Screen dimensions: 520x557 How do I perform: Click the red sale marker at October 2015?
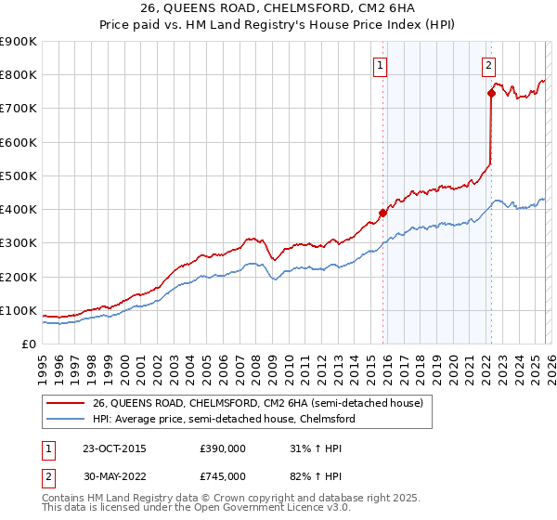382,213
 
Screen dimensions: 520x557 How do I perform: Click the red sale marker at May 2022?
490,93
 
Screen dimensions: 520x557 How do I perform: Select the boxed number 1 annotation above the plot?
382,65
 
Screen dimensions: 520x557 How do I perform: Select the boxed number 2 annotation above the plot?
489,65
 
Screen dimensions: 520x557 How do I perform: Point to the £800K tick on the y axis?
19,75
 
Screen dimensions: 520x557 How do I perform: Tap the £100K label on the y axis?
19,311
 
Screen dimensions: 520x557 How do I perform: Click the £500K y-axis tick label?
19,176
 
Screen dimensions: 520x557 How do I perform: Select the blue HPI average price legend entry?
223,420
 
